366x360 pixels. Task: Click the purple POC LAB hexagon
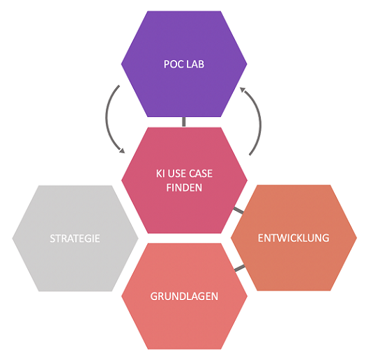[x=184, y=63]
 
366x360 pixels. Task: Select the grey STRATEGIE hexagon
[x=75, y=238]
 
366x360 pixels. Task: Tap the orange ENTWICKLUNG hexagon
[x=293, y=238]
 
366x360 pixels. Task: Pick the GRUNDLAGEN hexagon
[x=184, y=296]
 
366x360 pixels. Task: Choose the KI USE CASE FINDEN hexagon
[x=184, y=180]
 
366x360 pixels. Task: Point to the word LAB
[x=196, y=64]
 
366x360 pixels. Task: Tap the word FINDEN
[x=184, y=188]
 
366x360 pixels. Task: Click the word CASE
[x=201, y=173]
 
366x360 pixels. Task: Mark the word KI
[x=160, y=173]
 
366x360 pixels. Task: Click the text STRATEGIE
[x=75, y=239]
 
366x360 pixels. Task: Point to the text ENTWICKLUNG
[x=293, y=238]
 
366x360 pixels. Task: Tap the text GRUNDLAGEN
[x=184, y=297]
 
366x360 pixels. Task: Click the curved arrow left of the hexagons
[x=107, y=119]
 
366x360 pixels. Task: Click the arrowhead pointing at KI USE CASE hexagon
[x=122, y=150]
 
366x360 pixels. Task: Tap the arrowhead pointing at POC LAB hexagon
[x=243, y=90]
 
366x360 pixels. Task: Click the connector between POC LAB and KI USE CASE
[x=184, y=122]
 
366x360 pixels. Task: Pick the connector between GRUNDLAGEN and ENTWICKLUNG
[x=240, y=268]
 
